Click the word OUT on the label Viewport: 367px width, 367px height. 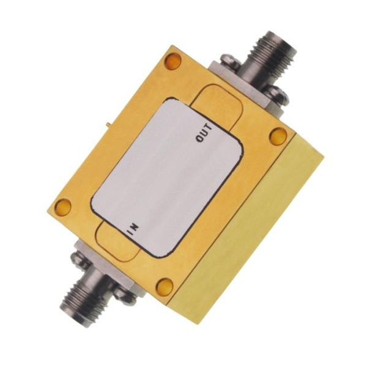[204, 132]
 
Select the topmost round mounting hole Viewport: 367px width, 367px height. [174, 61]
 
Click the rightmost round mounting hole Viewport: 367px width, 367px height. [278, 136]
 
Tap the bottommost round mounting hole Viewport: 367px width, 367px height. [165, 285]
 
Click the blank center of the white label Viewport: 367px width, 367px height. [168, 180]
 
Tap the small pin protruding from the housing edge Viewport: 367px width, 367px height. [108, 127]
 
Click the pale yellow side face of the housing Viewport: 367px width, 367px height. [263, 226]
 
